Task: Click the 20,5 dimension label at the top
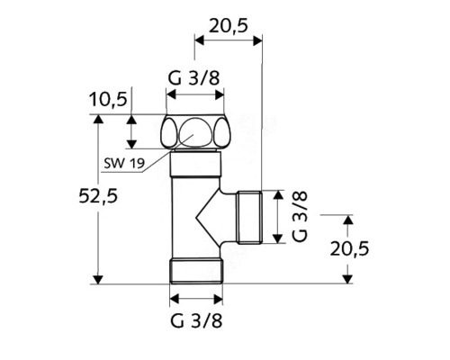(228, 26)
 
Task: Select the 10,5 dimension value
(107, 97)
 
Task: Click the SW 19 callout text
(121, 162)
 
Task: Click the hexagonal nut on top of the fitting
(196, 132)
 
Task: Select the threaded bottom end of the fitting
(196, 270)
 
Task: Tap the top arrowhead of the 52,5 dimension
(99, 119)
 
